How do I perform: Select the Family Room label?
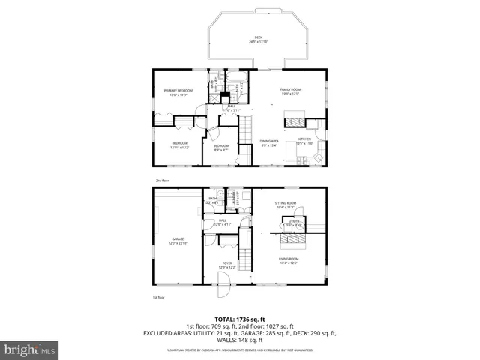point(289,91)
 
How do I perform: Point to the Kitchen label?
point(305,141)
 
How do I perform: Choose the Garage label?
point(177,241)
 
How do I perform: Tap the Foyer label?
point(226,264)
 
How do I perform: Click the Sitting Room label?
point(286,205)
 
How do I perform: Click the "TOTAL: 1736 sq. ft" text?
point(239,319)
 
